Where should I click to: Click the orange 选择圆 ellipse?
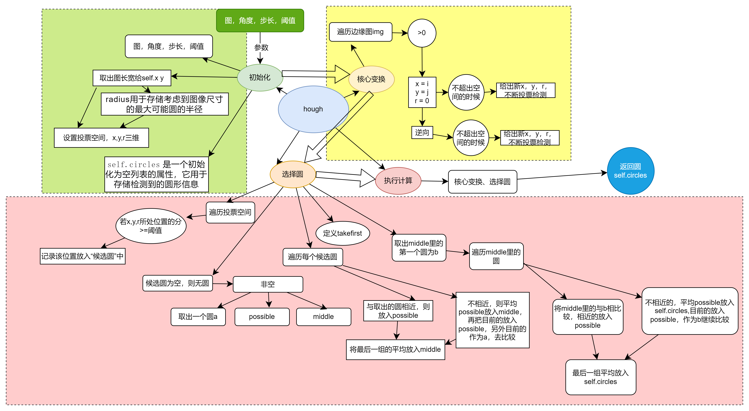(x=293, y=174)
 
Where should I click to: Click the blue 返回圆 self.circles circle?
(x=630, y=171)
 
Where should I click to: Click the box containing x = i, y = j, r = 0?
(x=422, y=92)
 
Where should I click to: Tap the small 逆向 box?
(x=422, y=133)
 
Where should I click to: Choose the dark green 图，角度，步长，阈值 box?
(x=260, y=20)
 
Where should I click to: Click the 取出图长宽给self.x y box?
(x=132, y=78)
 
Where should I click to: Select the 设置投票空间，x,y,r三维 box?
(x=101, y=138)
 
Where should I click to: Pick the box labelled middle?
(x=323, y=317)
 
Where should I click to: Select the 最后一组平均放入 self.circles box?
(x=600, y=377)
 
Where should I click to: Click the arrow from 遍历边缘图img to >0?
(x=400, y=33)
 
